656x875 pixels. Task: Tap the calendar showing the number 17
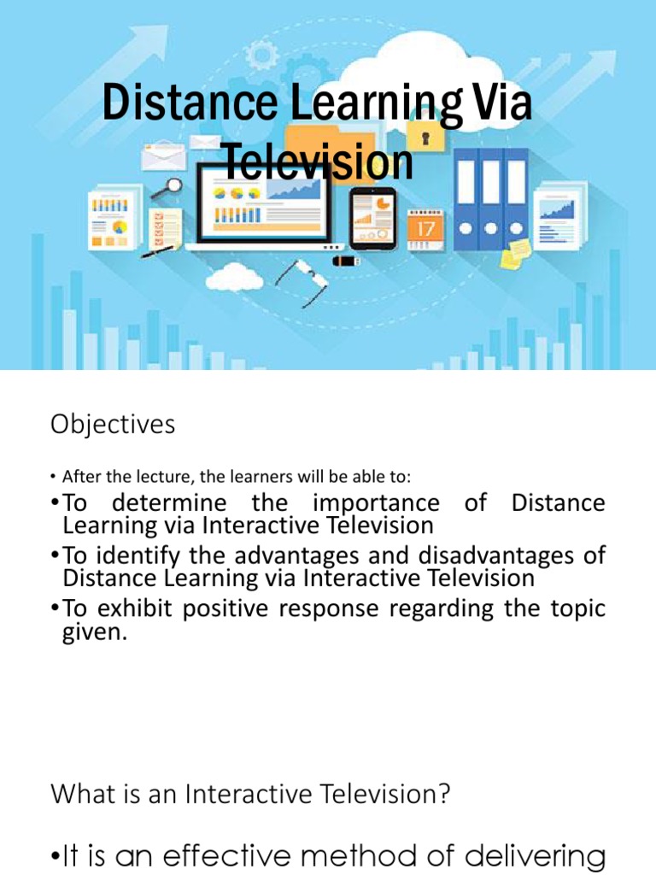click(x=425, y=229)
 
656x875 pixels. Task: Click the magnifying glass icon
click(x=173, y=185)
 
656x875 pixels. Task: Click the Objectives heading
click(x=113, y=424)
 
